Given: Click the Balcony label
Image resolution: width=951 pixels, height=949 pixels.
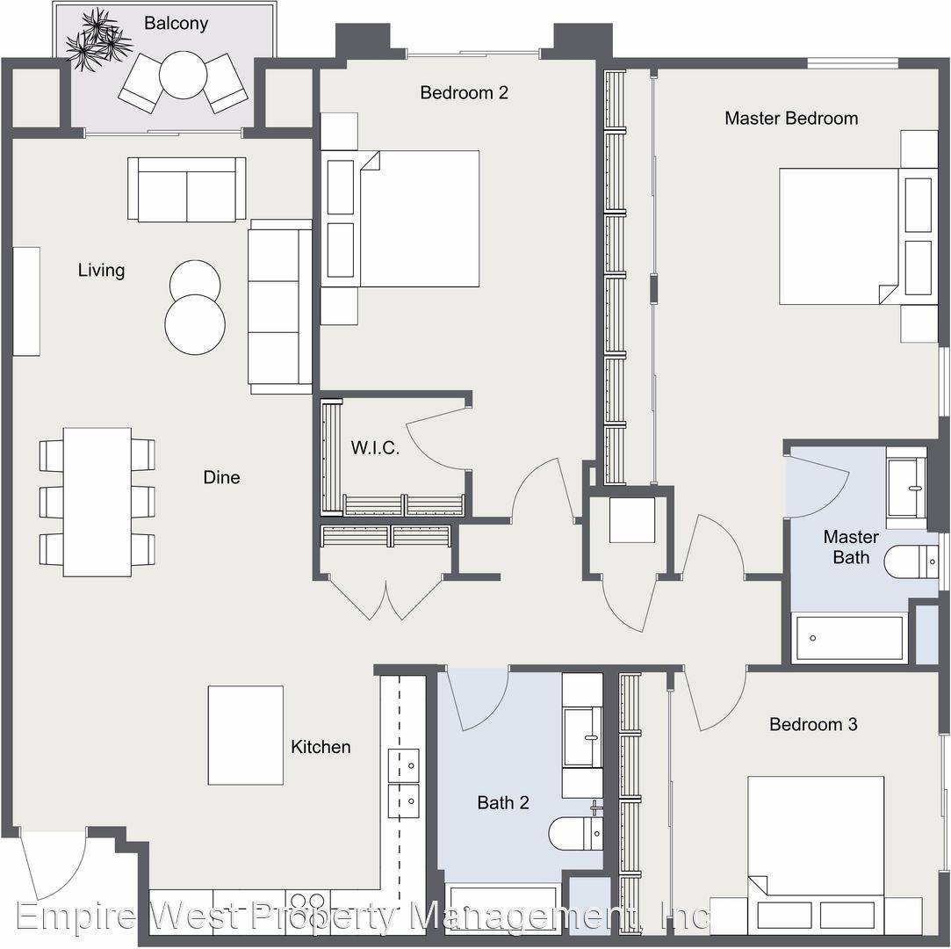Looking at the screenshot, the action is click(x=176, y=24).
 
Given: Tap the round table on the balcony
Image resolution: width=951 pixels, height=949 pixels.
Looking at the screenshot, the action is click(x=184, y=75).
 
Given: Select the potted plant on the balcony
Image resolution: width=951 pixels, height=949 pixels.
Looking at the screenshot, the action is click(x=97, y=40).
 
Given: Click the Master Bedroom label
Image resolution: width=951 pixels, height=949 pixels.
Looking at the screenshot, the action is click(x=791, y=118).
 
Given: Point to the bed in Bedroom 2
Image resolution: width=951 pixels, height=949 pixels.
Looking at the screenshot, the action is click(x=400, y=219).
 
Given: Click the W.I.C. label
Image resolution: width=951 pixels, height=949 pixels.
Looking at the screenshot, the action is click(x=375, y=448).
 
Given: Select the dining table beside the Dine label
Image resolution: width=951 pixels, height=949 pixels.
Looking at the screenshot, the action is click(x=97, y=502).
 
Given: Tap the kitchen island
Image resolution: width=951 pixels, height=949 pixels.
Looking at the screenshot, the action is click(x=246, y=735).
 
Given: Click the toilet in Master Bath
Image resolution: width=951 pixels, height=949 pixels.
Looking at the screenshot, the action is click(x=911, y=561).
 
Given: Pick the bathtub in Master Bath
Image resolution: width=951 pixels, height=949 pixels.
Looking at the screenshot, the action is click(x=849, y=638).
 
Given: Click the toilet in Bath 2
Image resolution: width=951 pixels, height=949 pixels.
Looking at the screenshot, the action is click(x=575, y=832).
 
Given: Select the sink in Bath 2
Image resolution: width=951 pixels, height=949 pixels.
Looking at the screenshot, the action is click(x=582, y=736).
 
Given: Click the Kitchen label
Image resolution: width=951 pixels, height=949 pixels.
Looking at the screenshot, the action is click(x=321, y=746).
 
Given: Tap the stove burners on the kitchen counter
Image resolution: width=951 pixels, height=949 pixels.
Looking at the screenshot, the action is click(x=307, y=900).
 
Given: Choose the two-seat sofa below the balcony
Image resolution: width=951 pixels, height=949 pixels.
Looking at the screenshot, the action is click(x=187, y=189).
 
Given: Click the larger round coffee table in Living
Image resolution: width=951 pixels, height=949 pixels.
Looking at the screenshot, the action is click(x=195, y=324).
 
